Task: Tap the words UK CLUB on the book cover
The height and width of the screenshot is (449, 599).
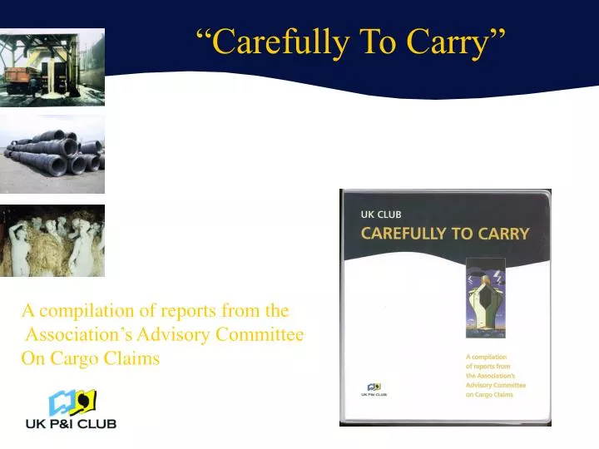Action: pyautogui.click(x=381, y=215)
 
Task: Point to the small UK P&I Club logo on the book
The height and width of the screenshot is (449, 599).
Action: pyautogui.click(x=375, y=389)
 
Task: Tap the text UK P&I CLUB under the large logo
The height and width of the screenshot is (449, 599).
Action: pyautogui.click(x=71, y=423)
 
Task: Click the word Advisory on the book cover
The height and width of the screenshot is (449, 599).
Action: pyautogui.click(x=483, y=385)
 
